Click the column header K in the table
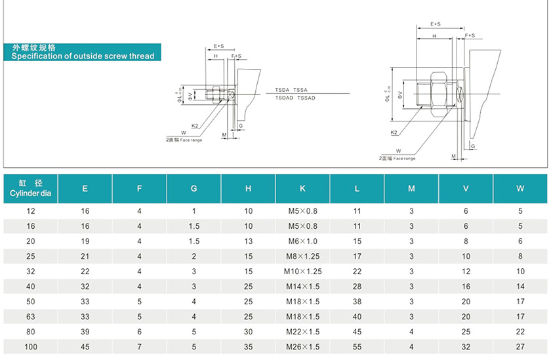302,189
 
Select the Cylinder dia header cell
31,189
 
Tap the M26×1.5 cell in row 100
302,346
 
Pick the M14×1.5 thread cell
302,286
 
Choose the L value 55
357,346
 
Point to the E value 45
85,346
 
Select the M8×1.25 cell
302,256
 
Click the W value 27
520,346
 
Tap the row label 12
31,211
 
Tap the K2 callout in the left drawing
195,125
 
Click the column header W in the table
520,189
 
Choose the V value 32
466,346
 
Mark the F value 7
139,346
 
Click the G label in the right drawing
473,147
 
